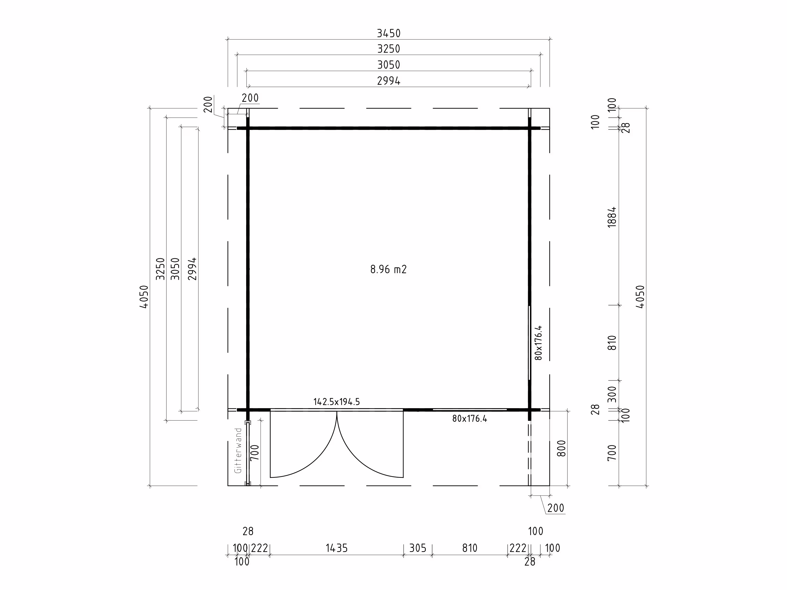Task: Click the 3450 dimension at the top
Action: [389, 33]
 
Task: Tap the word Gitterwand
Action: [238, 451]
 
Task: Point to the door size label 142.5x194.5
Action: [337, 402]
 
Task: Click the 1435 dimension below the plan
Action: [337, 548]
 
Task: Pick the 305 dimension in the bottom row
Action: [418, 548]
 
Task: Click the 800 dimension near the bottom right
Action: [561, 448]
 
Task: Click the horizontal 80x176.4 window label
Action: [470, 419]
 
